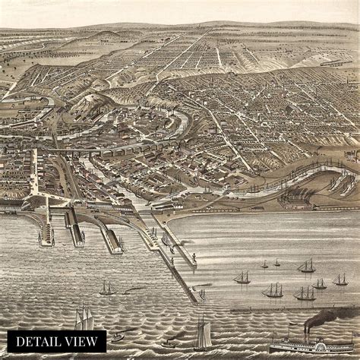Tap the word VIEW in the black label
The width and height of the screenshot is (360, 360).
81,342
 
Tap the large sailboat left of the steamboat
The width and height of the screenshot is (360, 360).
202,334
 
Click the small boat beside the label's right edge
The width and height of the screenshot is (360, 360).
117,336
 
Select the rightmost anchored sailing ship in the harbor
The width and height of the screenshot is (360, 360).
340,280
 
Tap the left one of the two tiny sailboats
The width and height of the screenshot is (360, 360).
264,265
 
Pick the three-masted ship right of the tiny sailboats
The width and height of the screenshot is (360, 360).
307,266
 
